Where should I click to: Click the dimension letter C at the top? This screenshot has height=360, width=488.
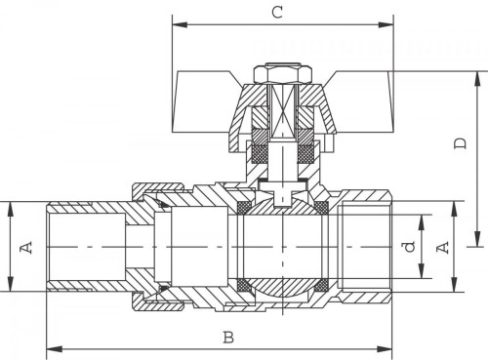[x=277, y=13]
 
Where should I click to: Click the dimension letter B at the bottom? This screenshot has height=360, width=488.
[x=228, y=338]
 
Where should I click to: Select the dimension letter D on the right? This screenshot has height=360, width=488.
[x=461, y=143]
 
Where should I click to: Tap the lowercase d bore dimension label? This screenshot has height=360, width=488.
[x=410, y=246]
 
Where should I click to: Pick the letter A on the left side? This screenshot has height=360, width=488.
[x=26, y=247]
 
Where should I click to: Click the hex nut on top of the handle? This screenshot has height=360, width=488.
[x=283, y=74]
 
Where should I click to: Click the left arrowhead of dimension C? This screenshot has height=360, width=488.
[x=180, y=24]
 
